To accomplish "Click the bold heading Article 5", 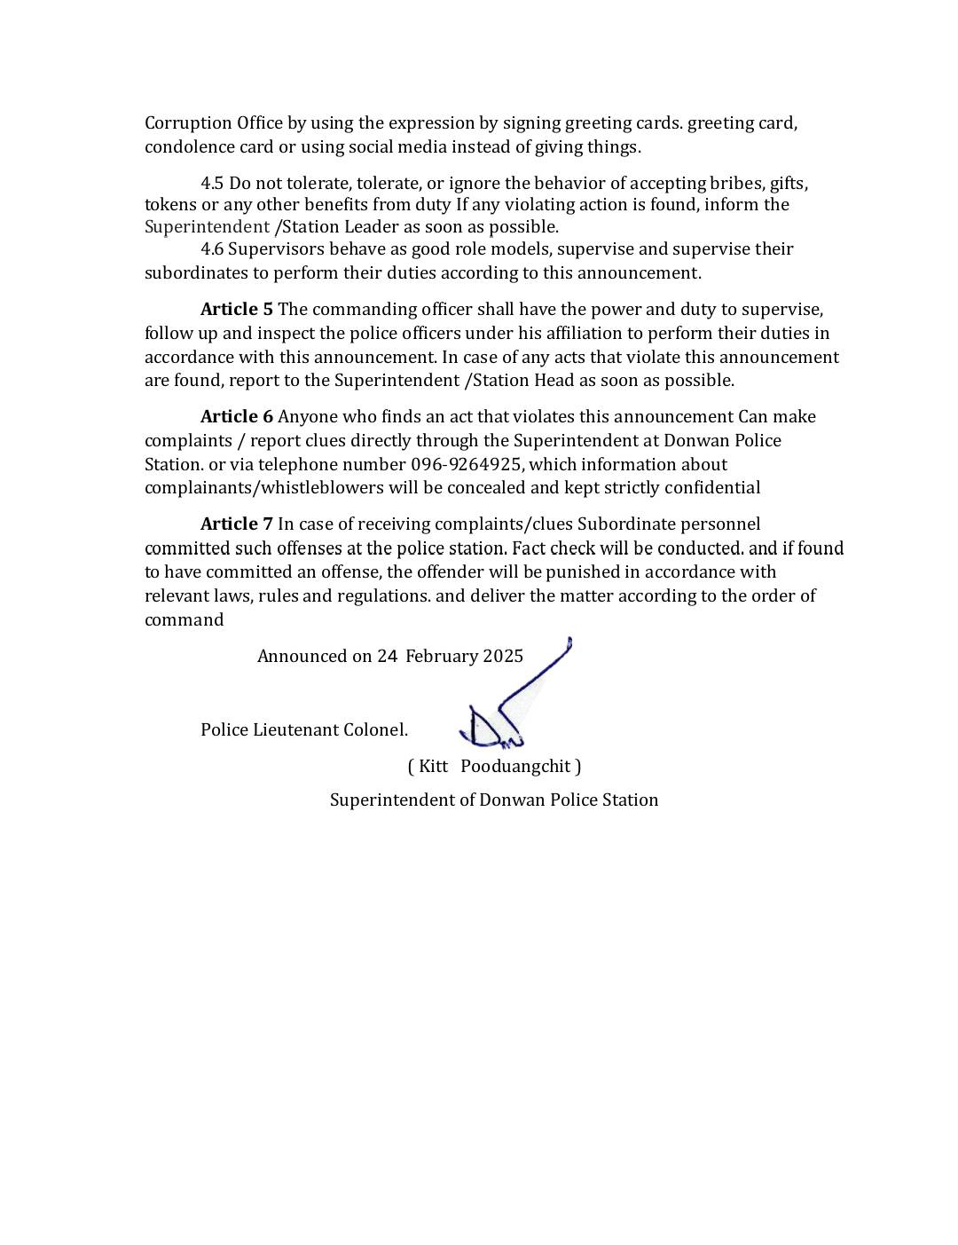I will click(236, 310).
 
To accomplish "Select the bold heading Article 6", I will click(236, 417).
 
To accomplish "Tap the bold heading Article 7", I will click(236, 524).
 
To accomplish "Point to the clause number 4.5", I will click(212, 184).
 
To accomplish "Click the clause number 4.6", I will click(212, 249).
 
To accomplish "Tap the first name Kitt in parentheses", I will click(433, 766).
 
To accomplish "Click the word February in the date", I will click(441, 657).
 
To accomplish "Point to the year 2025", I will click(503, 657).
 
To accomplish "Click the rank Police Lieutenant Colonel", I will click(304, 730).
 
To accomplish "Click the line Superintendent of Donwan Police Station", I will click(494, 800).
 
